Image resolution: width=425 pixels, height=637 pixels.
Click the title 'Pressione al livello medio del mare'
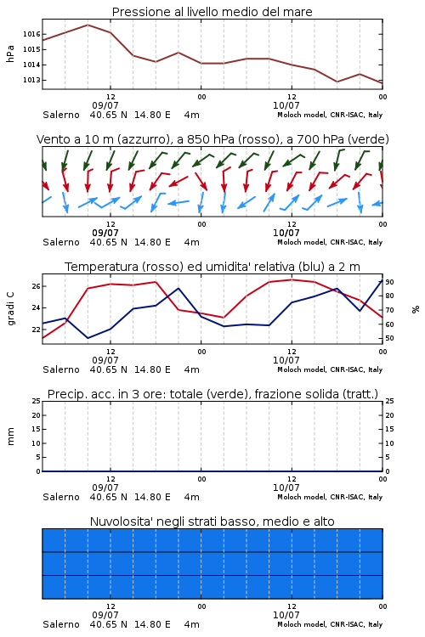[x=212, y=12]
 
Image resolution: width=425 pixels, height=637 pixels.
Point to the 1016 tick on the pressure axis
[x=31, y=34]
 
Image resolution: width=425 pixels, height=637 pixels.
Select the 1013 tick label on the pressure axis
[x=31, y=80]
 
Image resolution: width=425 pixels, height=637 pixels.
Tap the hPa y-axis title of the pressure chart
[x=10, y=54]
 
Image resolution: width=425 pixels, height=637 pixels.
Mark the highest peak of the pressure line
[x=88, y=25]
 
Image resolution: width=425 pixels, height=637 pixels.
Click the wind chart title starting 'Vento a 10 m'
[x=212, y=139]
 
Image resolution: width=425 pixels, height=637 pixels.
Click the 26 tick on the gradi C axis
[x=37, y=286]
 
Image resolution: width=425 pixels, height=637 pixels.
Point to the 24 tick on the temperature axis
[x=37, y=308]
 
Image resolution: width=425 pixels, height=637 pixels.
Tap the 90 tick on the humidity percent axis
[x=389, y=282]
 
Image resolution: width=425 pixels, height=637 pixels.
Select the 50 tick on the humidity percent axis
[x=389, y=338]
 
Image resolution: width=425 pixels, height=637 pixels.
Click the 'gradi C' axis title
[x=10, y=309]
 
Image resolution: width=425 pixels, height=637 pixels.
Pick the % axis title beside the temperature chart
[x=416, y=309]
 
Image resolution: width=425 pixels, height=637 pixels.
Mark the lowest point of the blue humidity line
[x=88, y=338]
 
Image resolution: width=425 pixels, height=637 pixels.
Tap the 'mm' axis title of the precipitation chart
[x=10, y=437]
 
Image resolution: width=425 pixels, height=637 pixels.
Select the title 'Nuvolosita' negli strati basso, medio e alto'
[x=212, y=521]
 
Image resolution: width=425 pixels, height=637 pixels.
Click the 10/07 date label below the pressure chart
[x=286, y=105]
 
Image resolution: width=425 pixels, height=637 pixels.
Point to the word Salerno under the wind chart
[x=61, y=243]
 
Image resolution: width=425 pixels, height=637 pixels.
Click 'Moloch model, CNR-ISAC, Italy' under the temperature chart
[x=330, y=369]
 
